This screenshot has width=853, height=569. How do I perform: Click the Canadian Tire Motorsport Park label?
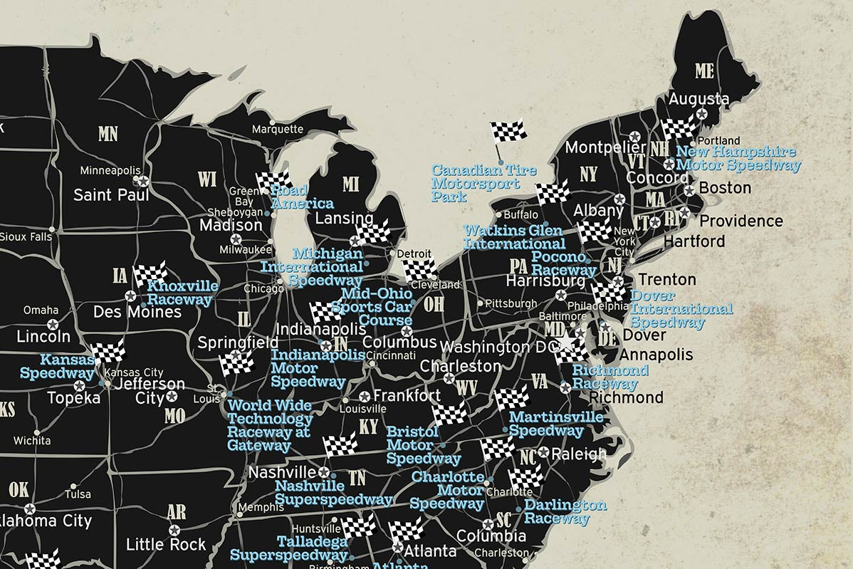click(x=483, y=183)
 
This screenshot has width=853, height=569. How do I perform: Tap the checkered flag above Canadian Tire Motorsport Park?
click(x=508, y=131)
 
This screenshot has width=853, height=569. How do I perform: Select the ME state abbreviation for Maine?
click(x=704, y=71)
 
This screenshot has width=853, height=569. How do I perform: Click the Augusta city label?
click(x=698, y=99)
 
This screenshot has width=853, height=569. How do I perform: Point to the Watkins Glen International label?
click(x=514, y=237)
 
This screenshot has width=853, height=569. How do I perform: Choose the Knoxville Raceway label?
click(x=182, y=293)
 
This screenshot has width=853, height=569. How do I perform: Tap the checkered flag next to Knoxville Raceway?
click(x=150, y=273)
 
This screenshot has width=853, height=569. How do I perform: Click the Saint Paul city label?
click(x=111, y=194)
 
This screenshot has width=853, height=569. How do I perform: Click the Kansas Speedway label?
click(x=58, y=366)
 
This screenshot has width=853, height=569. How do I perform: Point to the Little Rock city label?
click(x=165, y=545)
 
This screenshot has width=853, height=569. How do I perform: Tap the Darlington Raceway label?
click(x=565, y=511)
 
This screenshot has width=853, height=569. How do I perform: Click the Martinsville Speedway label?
click(x=555, y=423)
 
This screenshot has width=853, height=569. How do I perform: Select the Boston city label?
click(x=725, y=188)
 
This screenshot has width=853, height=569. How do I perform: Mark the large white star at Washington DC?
click(x=566, y=343)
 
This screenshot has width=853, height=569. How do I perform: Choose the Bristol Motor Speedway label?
click(x=423, y=445)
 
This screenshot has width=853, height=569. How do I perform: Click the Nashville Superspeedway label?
click(x=333, y=492)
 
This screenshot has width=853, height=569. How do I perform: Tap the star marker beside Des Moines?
click(x=130, y=296)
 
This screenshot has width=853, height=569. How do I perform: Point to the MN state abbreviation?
click(x=108, y=133)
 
